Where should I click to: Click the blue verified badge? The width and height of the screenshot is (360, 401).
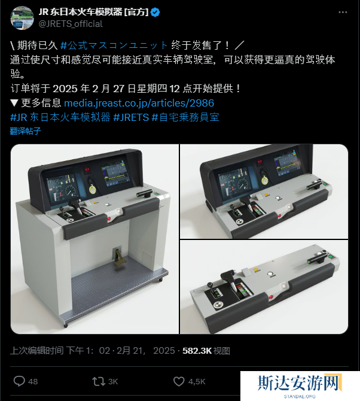tap(155, 13)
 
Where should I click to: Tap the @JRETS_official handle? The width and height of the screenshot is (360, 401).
tap(71, 24)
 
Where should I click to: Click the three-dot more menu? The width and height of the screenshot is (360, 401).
tap(343, 13)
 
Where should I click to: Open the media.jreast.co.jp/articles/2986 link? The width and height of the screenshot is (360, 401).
tap(139, 103)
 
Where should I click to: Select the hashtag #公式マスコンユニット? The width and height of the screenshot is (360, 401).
tap(114, 45)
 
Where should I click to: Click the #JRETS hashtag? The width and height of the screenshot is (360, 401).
tap(131, 117)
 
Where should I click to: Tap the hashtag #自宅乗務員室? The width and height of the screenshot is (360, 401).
tap(185, 117)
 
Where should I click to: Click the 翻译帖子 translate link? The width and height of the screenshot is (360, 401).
tap(25, 131)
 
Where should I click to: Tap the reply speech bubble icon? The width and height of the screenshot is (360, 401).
tap(19, 381)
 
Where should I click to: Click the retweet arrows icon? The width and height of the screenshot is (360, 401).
tap(99, 381)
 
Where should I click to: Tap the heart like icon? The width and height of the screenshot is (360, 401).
tap(179, 381)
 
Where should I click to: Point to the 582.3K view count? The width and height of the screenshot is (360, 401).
tap(197, 351)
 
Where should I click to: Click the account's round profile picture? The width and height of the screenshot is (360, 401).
tap(22, 18)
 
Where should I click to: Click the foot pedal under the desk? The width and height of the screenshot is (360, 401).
tap(118, 257)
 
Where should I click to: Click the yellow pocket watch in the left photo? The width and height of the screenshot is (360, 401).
tap(92, 189)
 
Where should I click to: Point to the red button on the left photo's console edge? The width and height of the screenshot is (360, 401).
tap(109, 218)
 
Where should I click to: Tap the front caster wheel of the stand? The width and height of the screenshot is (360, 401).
tap(66, 326)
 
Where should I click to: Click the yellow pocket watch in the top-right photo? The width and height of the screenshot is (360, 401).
tap(265, 180)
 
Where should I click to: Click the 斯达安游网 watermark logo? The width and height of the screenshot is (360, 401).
tap(300, 383)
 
